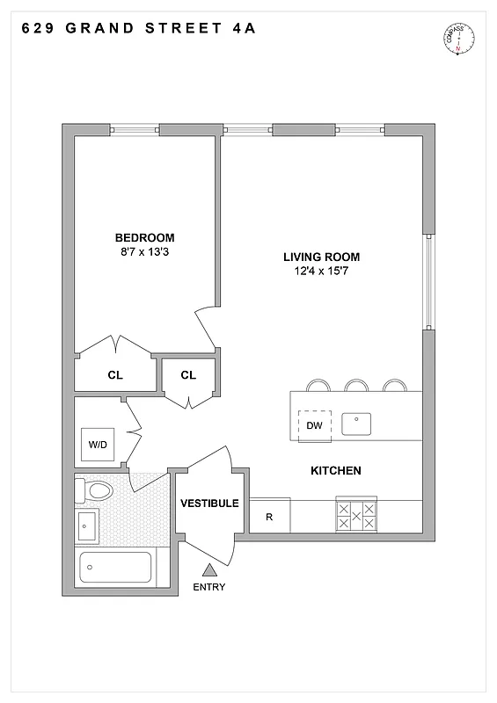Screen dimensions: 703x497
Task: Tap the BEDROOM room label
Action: [x=144, y=237]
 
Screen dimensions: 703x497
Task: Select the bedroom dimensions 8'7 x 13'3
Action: [x=144, y=252]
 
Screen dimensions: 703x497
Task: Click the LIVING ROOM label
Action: [x=321, y=257]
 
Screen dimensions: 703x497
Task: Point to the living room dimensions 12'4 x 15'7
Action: [x=321, y=272]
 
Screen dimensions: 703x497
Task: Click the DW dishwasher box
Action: [x=314, y=426]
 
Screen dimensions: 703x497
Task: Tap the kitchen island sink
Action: [x=357, y=424]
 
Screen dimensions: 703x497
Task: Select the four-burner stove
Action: [x=356, y=516]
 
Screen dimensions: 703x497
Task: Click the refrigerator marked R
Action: [x=269, y=517]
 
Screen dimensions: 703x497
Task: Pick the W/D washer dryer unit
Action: [x=97, y=445]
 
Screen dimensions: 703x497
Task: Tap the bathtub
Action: [x=115, y=567]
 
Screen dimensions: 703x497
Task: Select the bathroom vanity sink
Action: [x=87, y=526]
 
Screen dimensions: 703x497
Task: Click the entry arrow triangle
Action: [x=209, y=570]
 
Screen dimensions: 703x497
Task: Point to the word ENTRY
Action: [x=209, y=587]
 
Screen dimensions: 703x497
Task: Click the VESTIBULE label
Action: [x=209, y=504]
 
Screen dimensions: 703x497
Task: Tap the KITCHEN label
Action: [x=335, y=471]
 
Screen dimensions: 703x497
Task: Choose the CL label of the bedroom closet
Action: [x=115, y=375]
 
